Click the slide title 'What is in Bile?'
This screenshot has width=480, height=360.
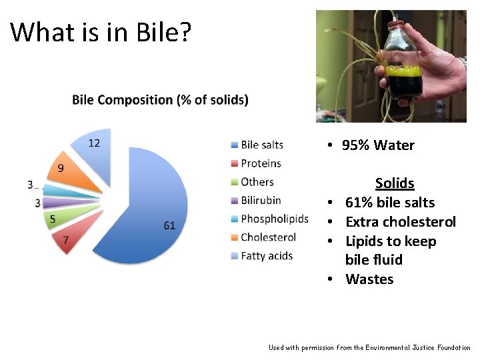tap(101, 32)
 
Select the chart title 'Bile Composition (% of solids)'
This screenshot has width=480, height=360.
tap(160, 100)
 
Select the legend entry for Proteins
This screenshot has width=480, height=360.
tap(261, 163)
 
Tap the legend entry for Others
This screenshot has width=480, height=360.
tap(257, 182)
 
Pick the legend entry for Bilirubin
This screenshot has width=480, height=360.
tap(261, 200)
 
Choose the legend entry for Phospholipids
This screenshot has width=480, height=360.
tap(274, 219)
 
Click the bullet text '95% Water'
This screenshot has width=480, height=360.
tap(377, 145)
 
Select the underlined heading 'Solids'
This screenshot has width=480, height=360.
tap(395, 183)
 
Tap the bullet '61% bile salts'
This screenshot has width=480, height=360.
tap(389, 203)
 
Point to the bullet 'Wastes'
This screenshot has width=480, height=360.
tap(369, 279)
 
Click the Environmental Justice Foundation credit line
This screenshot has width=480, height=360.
tap(369, 347)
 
